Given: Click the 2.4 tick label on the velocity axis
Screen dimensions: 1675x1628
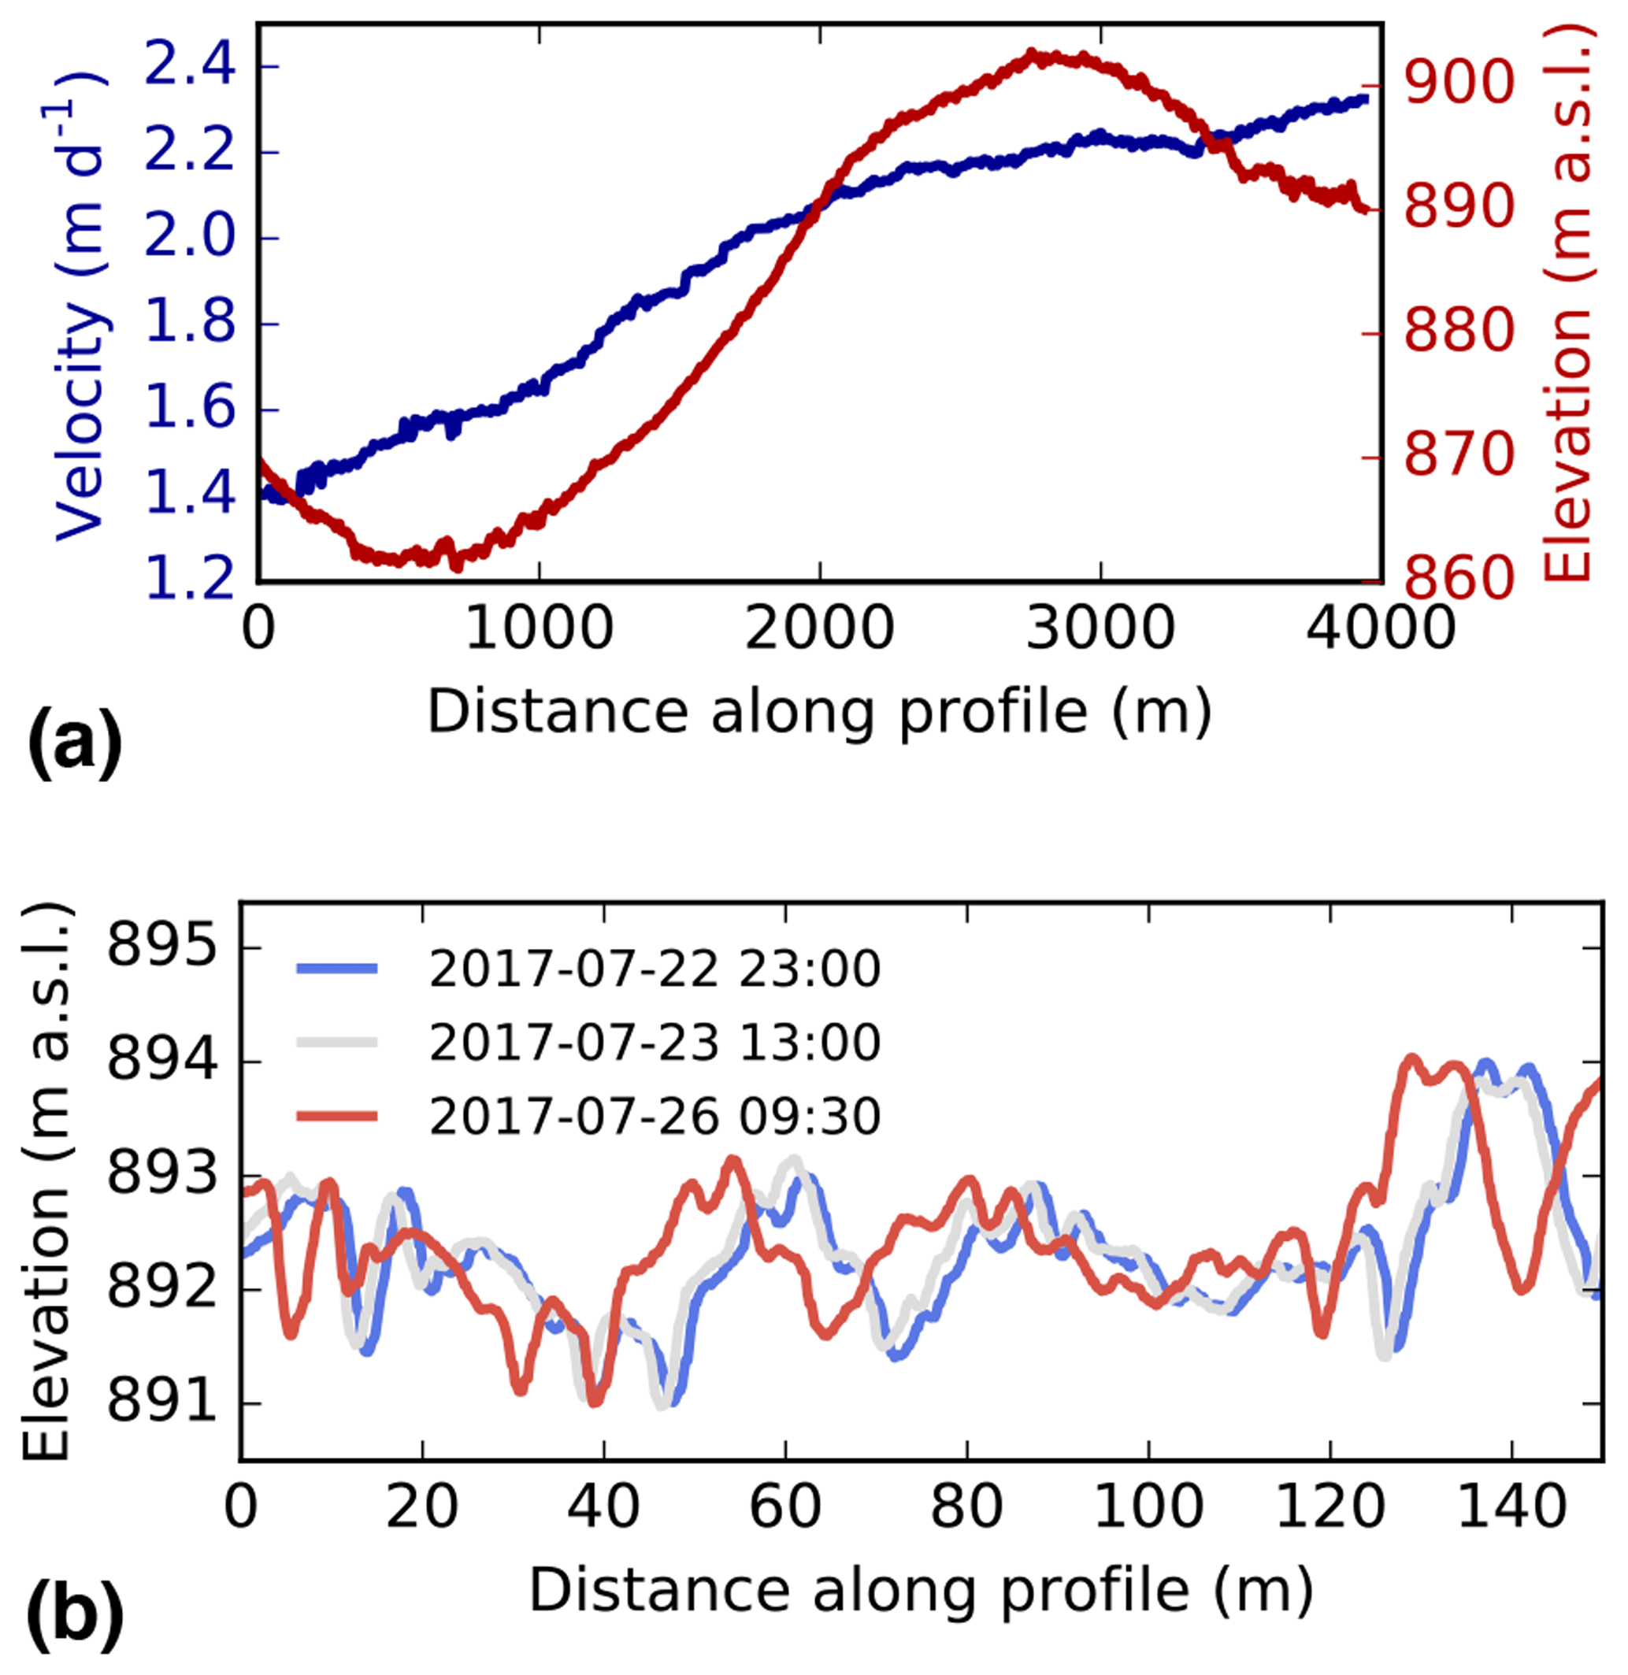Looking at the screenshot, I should [x=189, y=66].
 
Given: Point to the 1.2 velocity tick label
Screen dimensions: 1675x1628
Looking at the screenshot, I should [x=189, y=579].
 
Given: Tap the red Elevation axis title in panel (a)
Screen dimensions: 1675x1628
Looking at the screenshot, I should [x=1569, y=303].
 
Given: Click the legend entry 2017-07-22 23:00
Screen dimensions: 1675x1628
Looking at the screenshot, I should [x=654, y=969].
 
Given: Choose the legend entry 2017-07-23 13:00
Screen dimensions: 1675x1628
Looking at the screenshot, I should [x=654, y=1043].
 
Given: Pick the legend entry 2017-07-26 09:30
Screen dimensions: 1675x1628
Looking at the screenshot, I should [x=654, y=1116].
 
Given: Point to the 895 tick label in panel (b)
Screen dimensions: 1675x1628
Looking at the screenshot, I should [x=161, y=948].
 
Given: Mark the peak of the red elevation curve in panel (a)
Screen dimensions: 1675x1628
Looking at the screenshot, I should [x=1031, y=57].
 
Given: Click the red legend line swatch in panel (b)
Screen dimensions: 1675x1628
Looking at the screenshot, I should [x=337, y=1116].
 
